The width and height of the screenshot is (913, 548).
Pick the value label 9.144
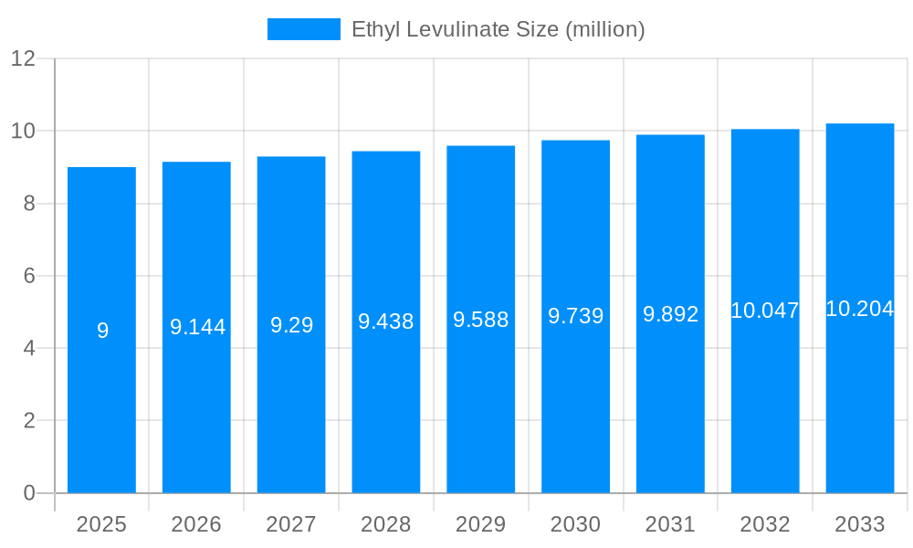197,327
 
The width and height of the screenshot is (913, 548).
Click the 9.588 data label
481,320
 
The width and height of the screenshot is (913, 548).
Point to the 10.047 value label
765,311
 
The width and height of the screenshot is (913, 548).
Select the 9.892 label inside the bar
671,314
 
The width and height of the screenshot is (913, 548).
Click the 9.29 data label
292,325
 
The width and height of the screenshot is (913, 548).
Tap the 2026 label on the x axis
196,524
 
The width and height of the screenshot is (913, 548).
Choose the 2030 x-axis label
576,524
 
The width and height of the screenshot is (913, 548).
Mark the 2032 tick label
765,524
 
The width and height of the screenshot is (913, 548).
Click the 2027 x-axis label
291,524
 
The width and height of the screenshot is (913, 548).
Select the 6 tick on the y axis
29,276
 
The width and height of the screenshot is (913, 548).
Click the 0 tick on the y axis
29,493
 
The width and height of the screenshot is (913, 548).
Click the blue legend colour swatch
303,29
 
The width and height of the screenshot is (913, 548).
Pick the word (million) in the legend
605,29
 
